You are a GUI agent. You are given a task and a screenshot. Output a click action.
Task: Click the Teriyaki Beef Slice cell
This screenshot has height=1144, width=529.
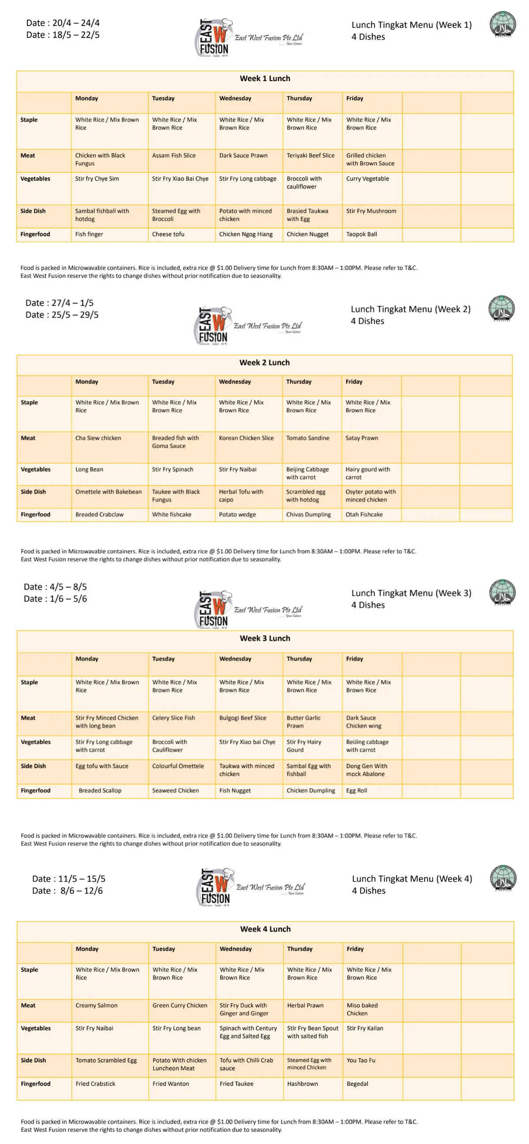[x=310, y=156]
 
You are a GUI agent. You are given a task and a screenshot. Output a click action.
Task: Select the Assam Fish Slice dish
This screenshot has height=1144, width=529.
[x=174, y=156]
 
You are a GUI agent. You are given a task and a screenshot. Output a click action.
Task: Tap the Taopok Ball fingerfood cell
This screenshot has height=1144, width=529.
[x=361, y=234]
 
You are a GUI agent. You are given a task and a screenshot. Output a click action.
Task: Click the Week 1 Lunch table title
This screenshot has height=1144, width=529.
[x=265, y=78]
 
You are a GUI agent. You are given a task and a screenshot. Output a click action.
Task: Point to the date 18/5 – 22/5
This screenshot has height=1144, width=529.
[x=63, y=35]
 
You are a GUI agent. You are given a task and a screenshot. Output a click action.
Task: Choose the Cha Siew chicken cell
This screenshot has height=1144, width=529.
[x=98, y=438]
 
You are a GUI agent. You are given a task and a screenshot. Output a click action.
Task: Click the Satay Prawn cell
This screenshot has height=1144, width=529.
[x=362, y=438]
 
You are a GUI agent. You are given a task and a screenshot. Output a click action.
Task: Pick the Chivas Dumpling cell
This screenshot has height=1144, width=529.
[x=308, y=514]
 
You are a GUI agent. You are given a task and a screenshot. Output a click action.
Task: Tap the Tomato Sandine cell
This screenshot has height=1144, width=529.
[x=308, y=438]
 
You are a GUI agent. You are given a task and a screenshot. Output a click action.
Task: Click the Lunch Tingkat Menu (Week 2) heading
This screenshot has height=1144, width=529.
[x=410, y=309]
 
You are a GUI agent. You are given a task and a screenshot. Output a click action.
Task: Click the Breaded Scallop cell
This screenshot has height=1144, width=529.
[x=100, y=790]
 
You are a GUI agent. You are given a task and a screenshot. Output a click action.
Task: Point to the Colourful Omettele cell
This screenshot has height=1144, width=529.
[x=178, y=766]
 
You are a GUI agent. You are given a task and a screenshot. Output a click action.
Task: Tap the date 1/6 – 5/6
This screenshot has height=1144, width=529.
[x=56, y=599]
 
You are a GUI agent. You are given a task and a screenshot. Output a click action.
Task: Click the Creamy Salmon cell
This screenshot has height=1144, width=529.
[x=97, y=1006]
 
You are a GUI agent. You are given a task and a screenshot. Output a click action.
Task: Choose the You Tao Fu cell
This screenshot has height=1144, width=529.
[x=361, y=1060]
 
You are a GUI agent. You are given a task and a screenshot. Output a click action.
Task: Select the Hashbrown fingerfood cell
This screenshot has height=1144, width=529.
[x=302, y=1084]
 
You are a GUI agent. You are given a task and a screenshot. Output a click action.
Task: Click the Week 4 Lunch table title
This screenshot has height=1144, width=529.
[x=266, y=929]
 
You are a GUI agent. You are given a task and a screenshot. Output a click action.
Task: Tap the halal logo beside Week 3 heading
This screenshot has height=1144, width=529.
[x=503, y=592]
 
